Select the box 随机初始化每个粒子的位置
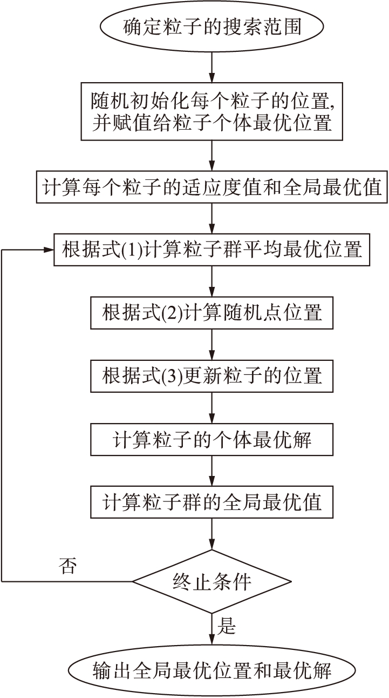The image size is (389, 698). [x=211, y=111]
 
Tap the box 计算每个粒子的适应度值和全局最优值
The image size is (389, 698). [x=211, y=187]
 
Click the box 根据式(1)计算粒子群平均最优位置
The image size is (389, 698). [x=211, y=250]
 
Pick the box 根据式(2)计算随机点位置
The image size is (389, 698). [x=211, y=312]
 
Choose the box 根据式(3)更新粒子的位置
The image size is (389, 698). [x=211, y=375]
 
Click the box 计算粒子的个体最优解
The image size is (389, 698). [x=211, y=440]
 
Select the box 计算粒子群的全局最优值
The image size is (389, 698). [x=211, y=502]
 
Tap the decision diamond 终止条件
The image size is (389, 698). [x=211, y=582]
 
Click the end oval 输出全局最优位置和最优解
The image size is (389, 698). [x=211, y=670]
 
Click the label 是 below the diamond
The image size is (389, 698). [x=227, y=627]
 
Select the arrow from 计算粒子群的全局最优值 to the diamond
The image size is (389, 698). [x=211, y=534]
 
